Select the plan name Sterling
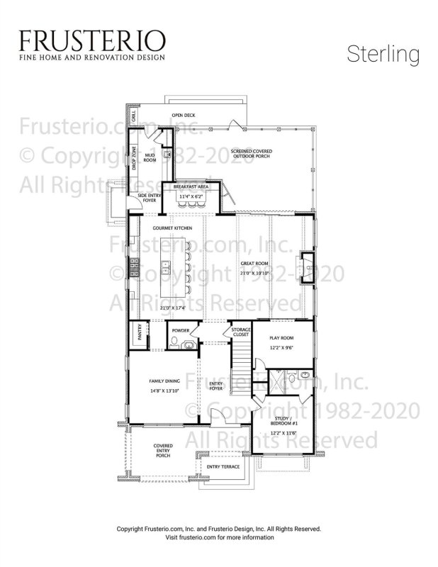pos(383,54)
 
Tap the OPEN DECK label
pos(183,115)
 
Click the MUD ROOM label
pos(150,157)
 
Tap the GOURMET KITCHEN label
pos(172,228)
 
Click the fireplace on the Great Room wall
pos(306,267)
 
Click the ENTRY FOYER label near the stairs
pos(215,386)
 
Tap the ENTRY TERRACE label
pos(223,467)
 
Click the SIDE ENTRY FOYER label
pos(148,198)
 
